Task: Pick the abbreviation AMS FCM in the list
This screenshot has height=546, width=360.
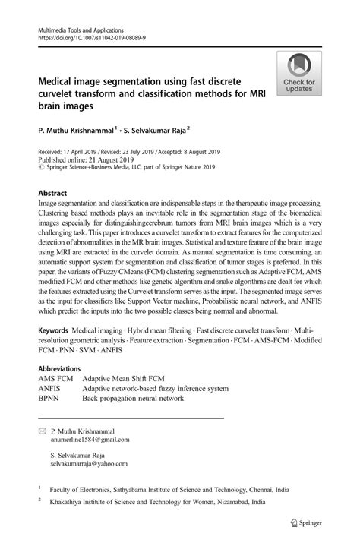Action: [55, 378]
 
